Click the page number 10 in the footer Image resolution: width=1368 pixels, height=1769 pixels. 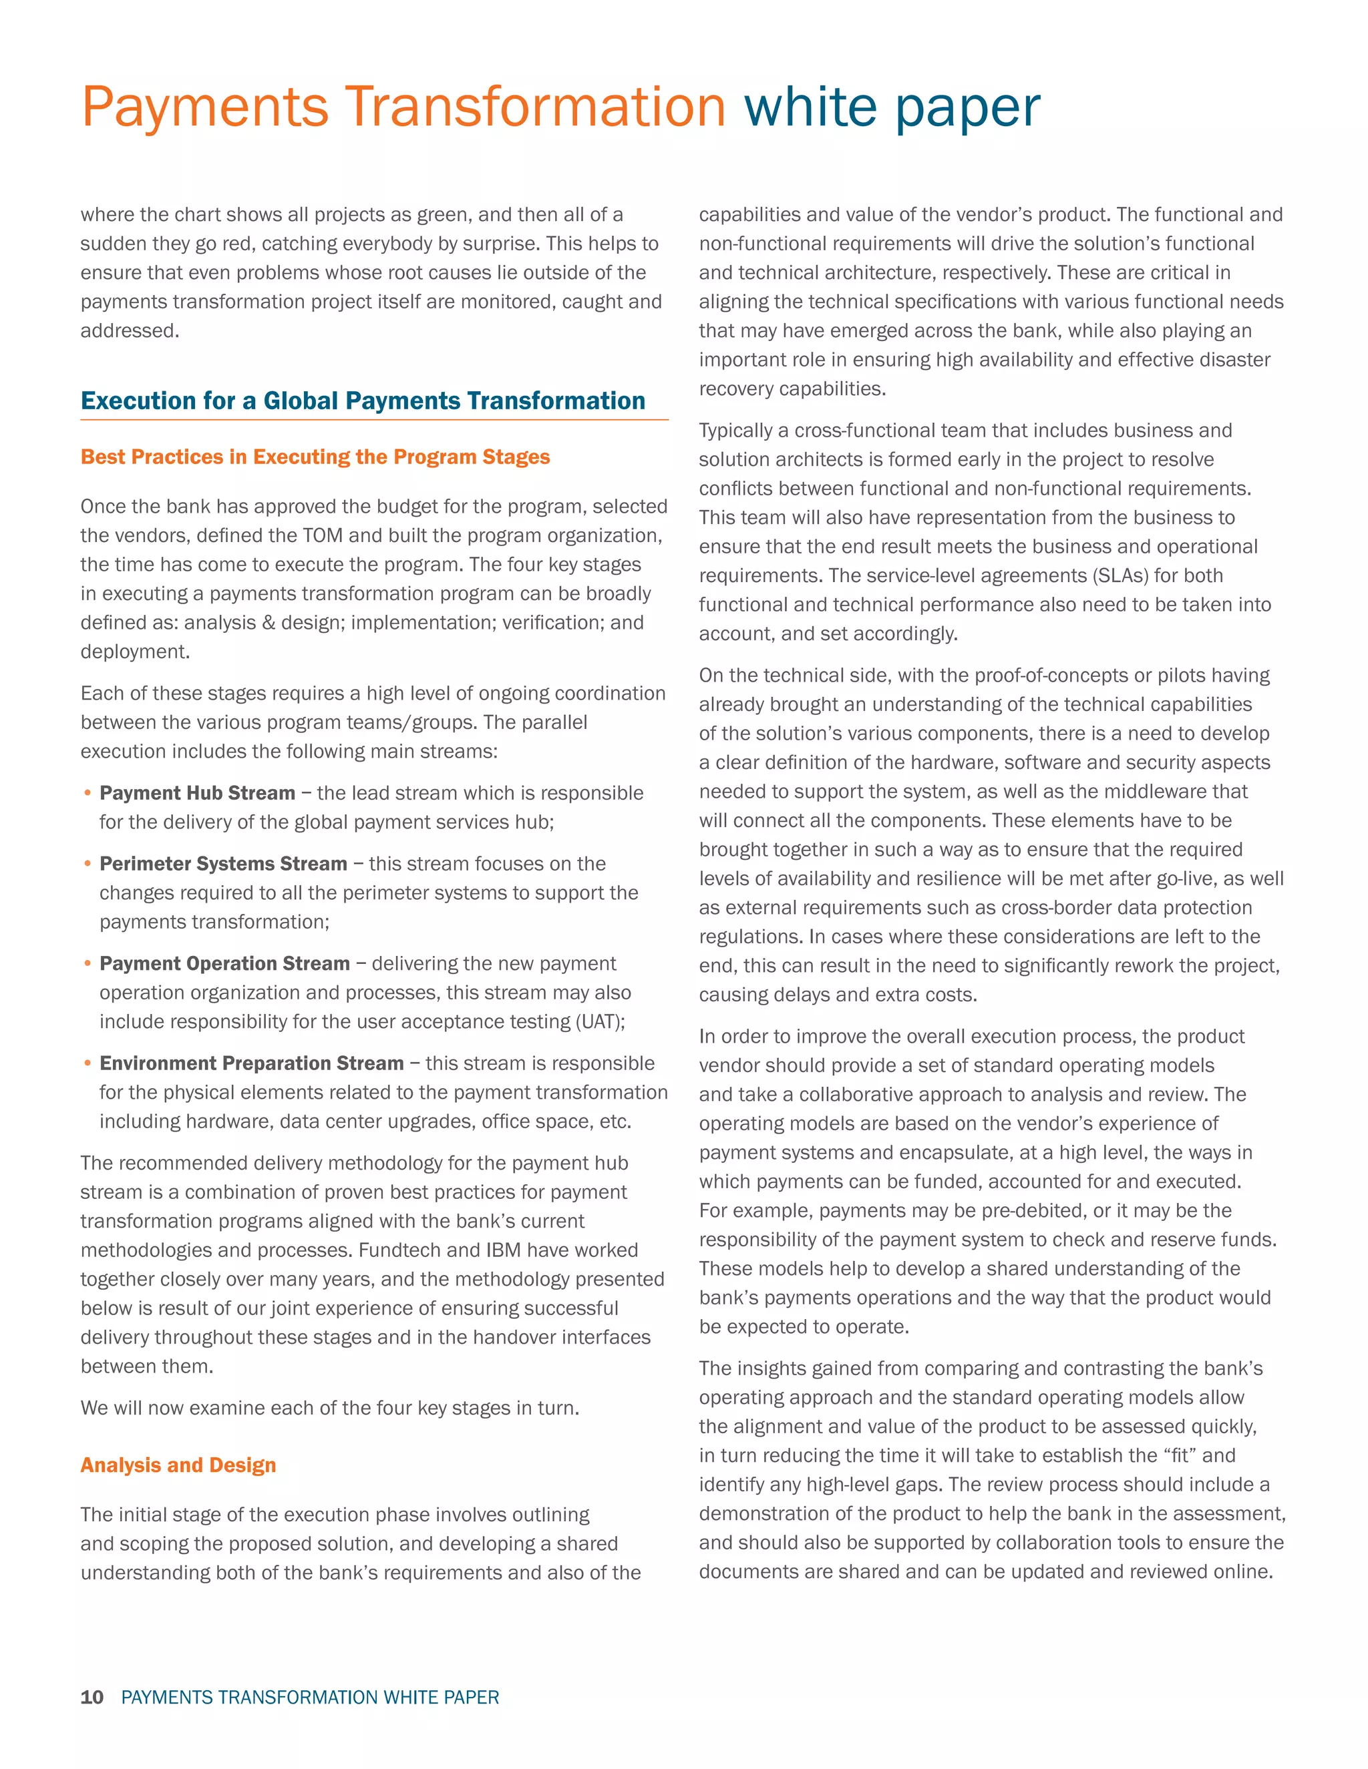(x=92, y=1697)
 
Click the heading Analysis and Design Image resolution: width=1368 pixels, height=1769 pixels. (x=178, y=1465)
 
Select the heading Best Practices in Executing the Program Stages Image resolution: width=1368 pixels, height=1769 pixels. (x=315, y=457)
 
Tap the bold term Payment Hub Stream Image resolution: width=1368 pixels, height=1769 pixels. (x=197, y=793)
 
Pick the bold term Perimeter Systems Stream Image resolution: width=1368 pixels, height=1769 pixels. (x=223, y=863)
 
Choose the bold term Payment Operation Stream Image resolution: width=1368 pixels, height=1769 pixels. (x=224, y=963)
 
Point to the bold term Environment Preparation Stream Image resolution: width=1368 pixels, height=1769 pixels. (x=251, y=1063)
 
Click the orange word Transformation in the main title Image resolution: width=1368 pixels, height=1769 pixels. (x=535, y=107)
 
